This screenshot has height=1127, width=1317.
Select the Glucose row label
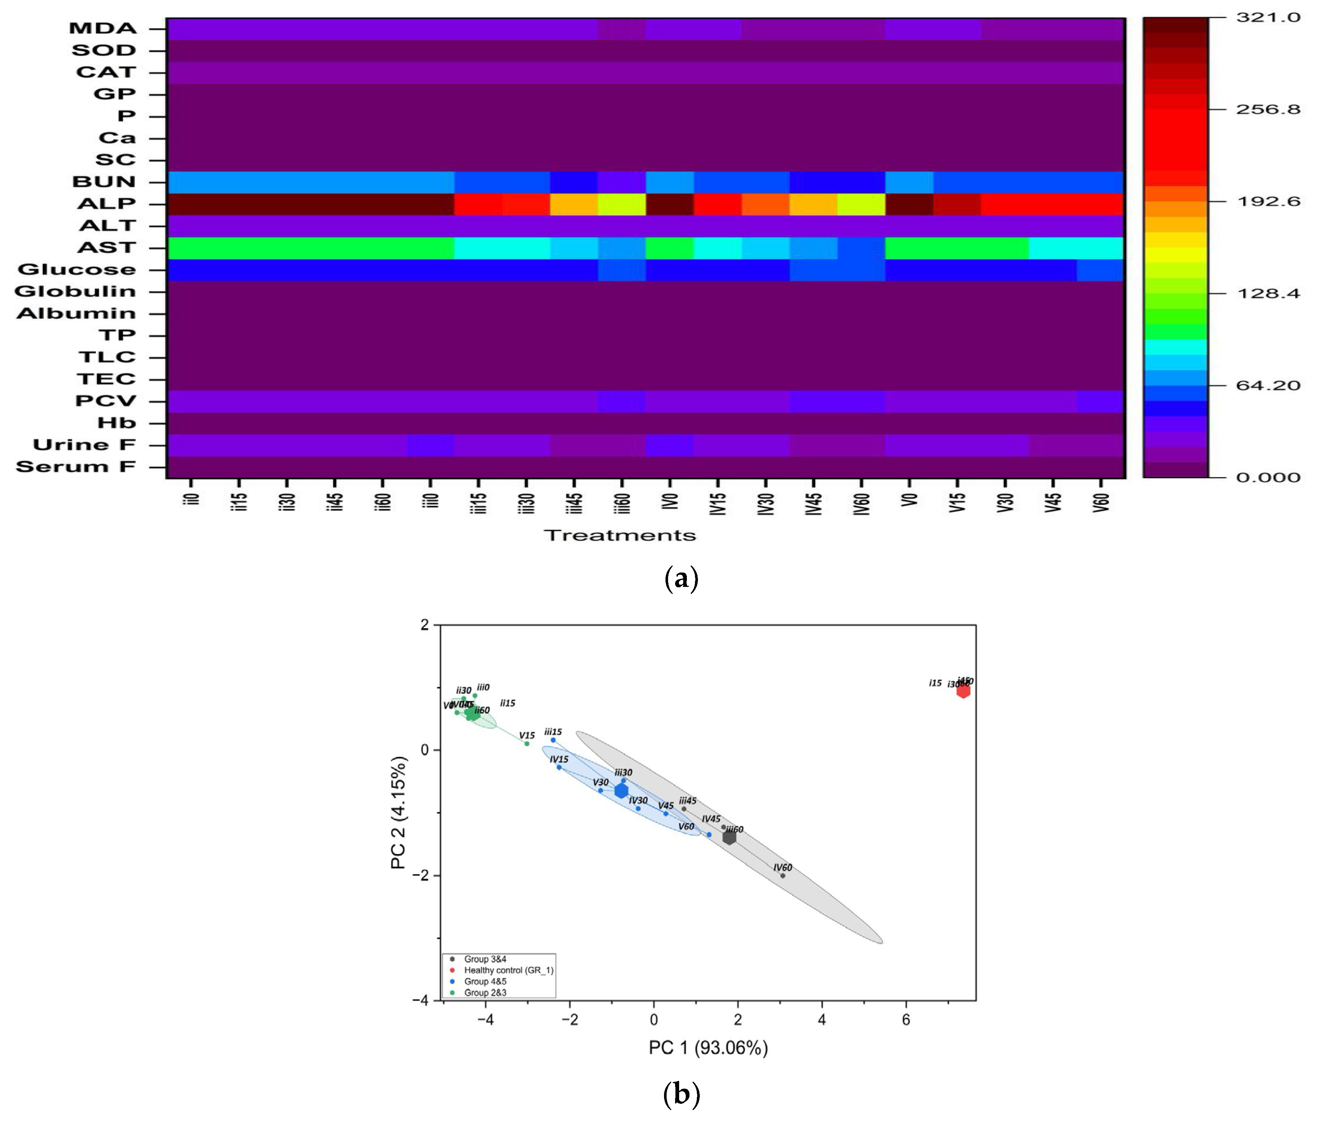(76, 270)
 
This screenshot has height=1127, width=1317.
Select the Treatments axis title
(620, 535)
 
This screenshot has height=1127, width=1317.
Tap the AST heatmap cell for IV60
(861, 248)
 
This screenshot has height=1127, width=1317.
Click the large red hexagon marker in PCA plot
(963, 691)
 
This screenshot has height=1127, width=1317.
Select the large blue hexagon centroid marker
(621, 791)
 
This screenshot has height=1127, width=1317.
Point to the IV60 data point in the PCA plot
(782, 875)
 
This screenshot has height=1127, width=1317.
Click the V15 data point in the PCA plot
(526, 743)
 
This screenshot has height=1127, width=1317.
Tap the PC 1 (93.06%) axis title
(708, 1047)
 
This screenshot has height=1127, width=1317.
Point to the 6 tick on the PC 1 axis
(906, 1020)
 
